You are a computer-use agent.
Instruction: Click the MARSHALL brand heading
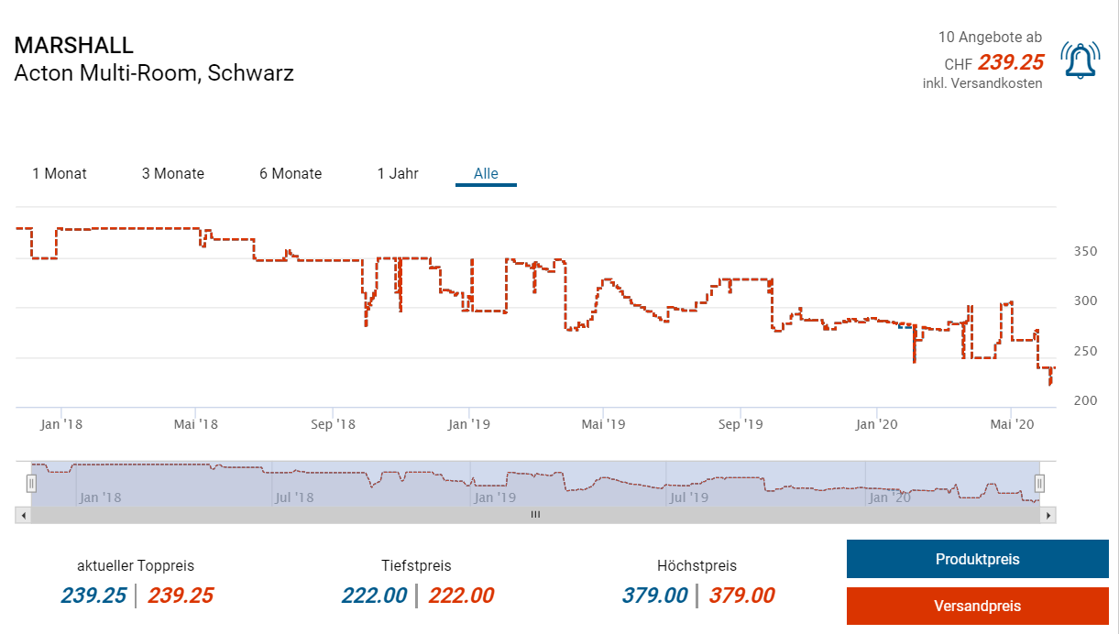[74, 45]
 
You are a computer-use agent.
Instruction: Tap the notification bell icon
[1080, 60]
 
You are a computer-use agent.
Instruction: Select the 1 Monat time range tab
[60, 173]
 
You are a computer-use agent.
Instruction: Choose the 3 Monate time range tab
[173, 173]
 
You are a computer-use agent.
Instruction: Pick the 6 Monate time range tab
[291, 173]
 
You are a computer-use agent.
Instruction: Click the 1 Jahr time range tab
[398, 173]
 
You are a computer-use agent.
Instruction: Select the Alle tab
[486, 173]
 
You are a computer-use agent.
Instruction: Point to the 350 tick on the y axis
[1085, 251]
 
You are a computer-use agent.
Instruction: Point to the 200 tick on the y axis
[1085, 401]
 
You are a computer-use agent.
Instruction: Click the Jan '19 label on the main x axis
[469, 424]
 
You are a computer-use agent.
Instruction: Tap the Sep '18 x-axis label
[333, 424]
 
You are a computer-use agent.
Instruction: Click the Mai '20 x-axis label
[1012, 424]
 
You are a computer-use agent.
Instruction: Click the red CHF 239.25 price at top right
[1011, 62]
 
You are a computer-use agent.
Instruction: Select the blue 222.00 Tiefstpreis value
[374, 596]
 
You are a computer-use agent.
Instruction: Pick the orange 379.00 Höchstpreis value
[741, 596]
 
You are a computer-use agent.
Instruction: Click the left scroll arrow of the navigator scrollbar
[23, 515]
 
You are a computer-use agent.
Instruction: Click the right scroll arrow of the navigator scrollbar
[1048, 515]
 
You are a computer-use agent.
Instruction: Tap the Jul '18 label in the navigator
[294, 497]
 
